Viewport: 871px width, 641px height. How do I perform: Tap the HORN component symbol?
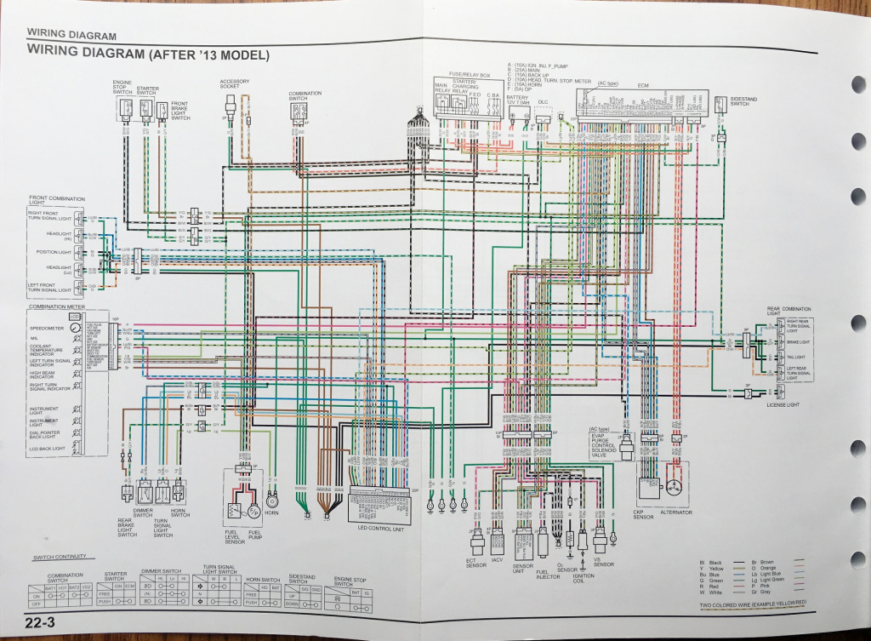pos(273,500)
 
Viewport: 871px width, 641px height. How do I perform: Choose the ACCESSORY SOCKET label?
pos(235,84)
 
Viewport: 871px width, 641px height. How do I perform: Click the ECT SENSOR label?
pos(475,562)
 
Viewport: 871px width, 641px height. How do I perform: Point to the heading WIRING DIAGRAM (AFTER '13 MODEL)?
pos(149,54)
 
